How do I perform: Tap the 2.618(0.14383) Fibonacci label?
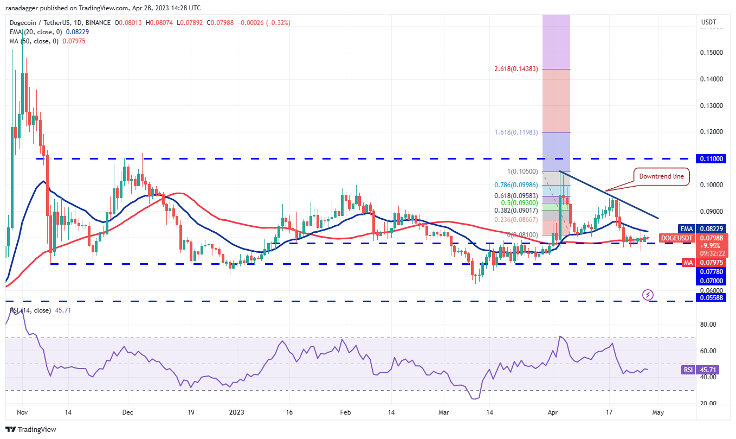pos(518,69)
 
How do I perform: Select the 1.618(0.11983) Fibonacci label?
pos(518,132)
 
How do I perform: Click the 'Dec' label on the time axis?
pos(127,412)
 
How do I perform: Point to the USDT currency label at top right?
pos(709,23)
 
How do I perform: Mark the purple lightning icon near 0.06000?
pos(648,295)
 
